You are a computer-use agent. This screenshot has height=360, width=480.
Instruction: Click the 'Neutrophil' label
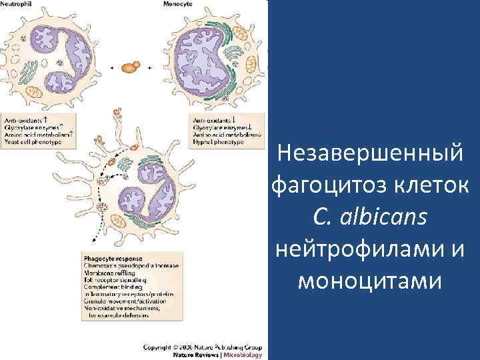point(18,4)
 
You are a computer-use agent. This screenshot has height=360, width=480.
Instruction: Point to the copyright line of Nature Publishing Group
point(206,347)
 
